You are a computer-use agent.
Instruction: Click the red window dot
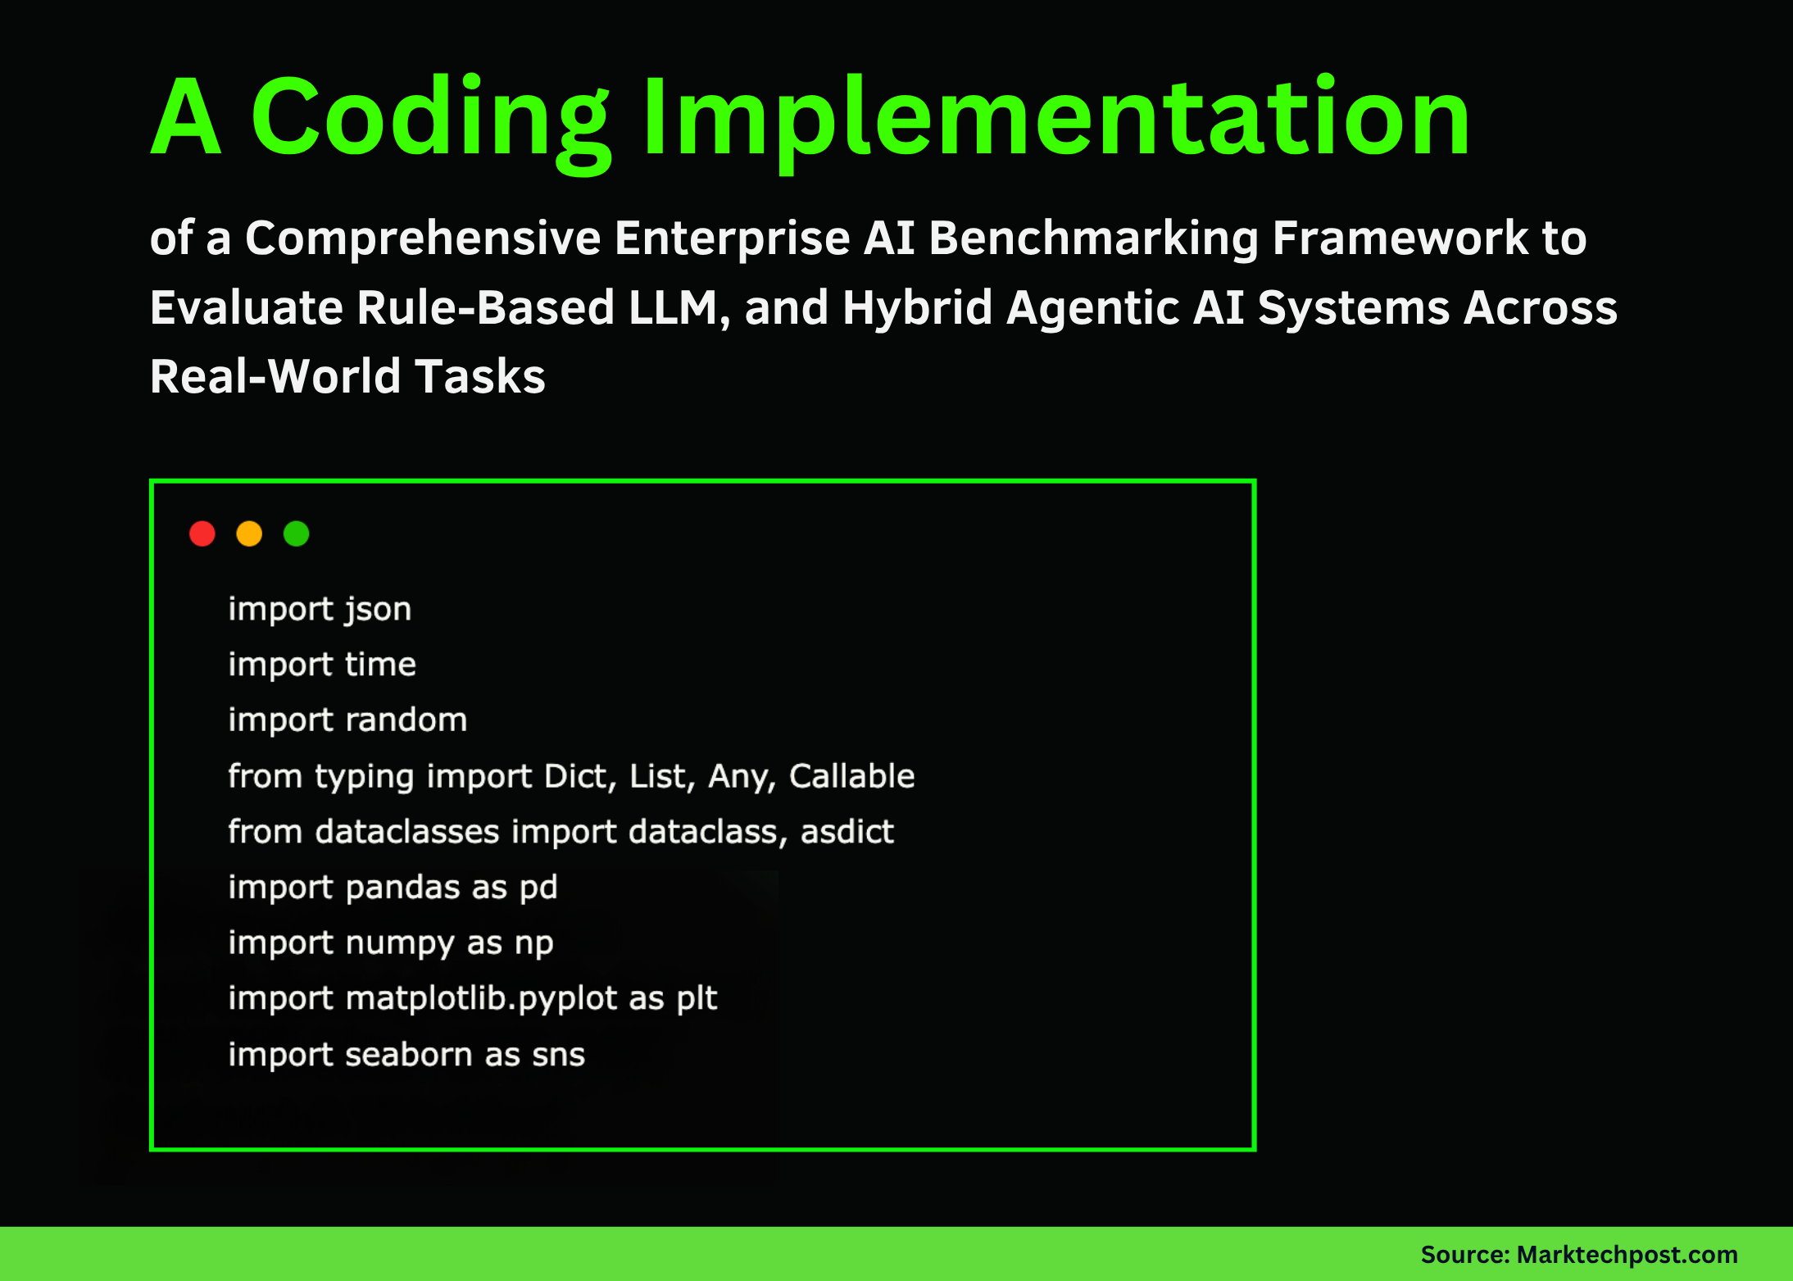pyautogui.click(x=202, y=534)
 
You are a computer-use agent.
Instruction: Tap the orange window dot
pyautogui.click(x=249, y=534)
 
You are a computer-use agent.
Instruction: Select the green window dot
pyautogui.click(x=297, y=534)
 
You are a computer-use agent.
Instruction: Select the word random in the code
pyautogui.click(x=406, y=720)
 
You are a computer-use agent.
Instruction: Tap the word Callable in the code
pyautogui.click(x=851, y=776)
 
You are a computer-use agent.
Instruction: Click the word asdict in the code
pyautogui.click(x=847, y=832)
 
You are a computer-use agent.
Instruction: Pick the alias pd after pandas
pyautogui.click(x=538, y=888)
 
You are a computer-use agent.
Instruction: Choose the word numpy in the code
pyautogui.click(x=399, y=943)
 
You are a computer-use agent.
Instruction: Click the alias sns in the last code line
pyautogui.click(x=558, y=1055)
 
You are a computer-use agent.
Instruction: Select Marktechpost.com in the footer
pyautogui.click(x=1627, y=1255)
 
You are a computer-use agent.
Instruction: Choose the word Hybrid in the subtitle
pyautogui.click(x=917, y=308)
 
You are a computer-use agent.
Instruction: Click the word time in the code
pyautogui.click(x=380, y=665)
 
